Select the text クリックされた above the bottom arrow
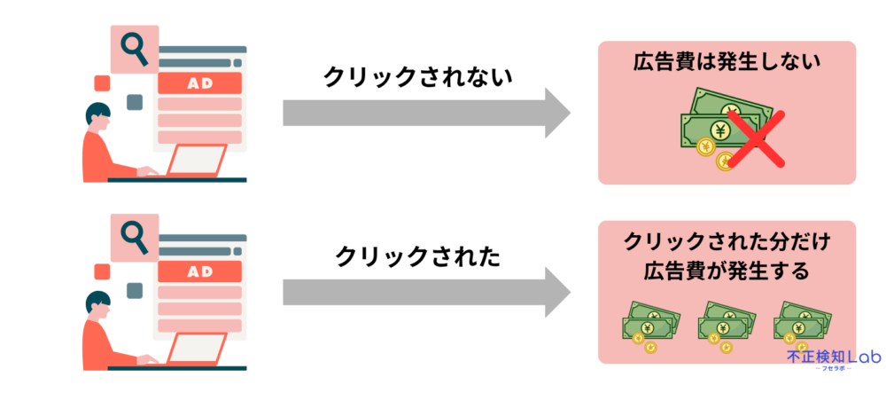click(417, 257)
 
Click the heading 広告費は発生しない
click(727, 64)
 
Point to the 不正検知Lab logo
click(833, 359)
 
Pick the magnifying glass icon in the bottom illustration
click(134, 235)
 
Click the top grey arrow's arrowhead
click(554, 113)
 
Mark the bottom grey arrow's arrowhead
click(554, 294)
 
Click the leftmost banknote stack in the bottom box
click(650, 323)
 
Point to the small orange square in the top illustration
click(102, 83)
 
